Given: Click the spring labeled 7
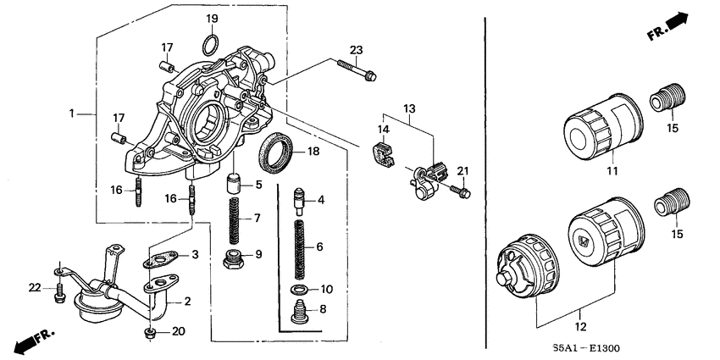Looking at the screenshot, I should pos(235,218).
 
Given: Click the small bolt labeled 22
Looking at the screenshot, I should pos(58,295).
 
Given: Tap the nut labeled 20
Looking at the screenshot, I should pos(151,331).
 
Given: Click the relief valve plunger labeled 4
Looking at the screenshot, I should pos(299,201).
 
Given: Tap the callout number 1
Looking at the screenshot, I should pos(73,113).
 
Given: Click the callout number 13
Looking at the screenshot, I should pos(409,108).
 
